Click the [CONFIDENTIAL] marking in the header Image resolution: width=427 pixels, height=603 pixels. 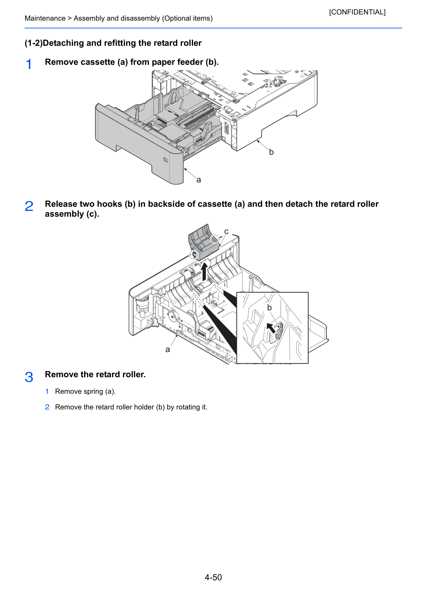[357, 12]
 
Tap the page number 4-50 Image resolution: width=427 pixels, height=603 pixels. [213, 577]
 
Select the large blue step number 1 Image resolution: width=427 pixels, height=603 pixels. [28, 64]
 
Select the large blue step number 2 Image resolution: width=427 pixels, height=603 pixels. [29, 206]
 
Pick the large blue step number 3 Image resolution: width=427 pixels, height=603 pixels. [29, 376]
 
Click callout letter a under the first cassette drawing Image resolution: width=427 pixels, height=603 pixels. [198, 180]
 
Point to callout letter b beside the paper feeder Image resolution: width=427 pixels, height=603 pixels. [271, 152]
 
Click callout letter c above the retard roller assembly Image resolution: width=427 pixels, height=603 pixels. [226, 232]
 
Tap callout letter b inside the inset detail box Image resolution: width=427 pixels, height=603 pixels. [269, 307]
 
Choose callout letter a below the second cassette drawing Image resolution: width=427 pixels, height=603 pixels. [167, 350]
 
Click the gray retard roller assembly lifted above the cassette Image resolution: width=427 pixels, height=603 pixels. [203, 242]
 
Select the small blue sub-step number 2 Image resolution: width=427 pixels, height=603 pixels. [47, 407]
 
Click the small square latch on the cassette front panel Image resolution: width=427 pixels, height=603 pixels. [166, 160]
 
